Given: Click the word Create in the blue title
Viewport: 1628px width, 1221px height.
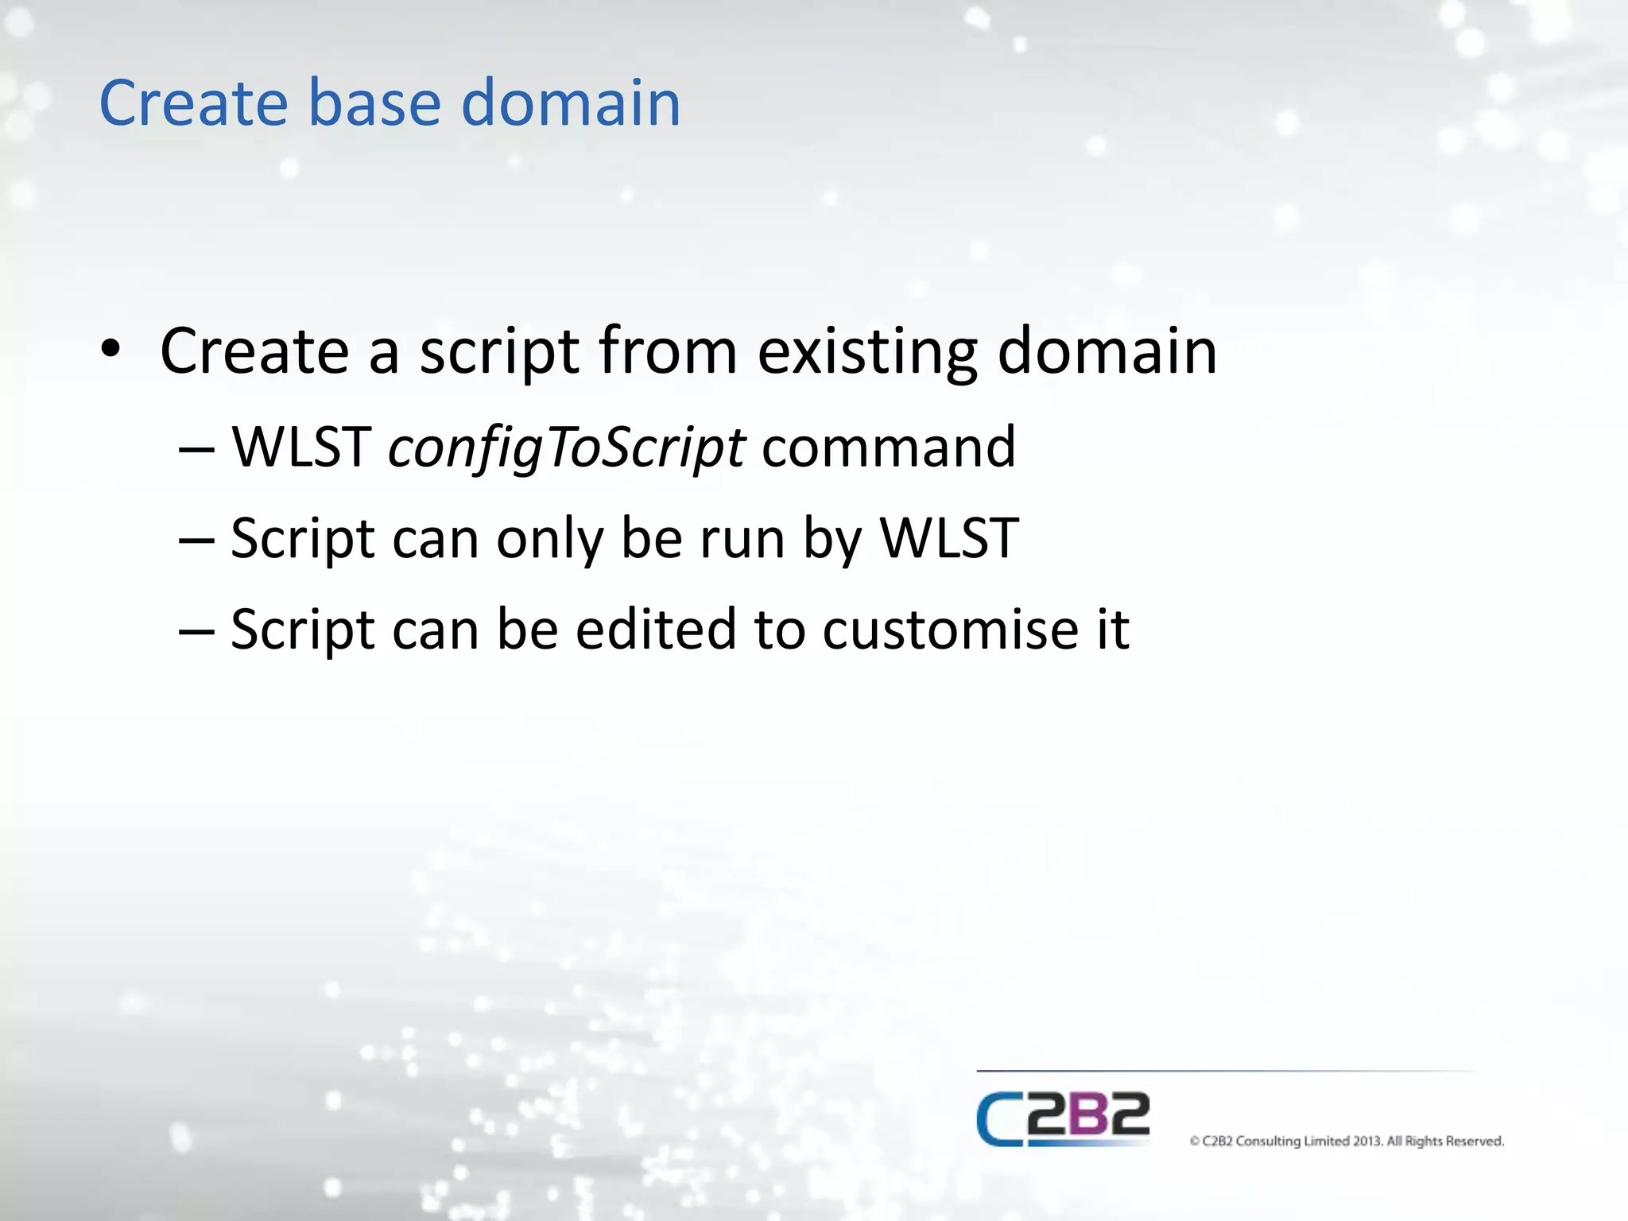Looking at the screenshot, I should (x=192, y=103).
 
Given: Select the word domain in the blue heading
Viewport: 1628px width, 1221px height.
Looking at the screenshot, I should (x=570, y=103).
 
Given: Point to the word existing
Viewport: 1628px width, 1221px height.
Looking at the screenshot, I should (x=867, y=351).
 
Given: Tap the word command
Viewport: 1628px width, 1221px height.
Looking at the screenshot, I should (x=888, y=447).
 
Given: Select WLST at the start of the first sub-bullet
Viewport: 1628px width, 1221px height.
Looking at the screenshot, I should (x=301, y=447).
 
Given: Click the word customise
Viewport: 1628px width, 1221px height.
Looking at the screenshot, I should (x=949, y=630).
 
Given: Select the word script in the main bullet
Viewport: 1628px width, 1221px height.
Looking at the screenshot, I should (x=498, y=351).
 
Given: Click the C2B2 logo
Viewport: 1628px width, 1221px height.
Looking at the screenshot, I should (x=1063, y=1118).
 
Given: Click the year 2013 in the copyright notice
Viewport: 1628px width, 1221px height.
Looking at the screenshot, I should (x=1366, y=1142).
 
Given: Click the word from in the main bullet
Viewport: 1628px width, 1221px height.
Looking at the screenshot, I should (x=668, y=351).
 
